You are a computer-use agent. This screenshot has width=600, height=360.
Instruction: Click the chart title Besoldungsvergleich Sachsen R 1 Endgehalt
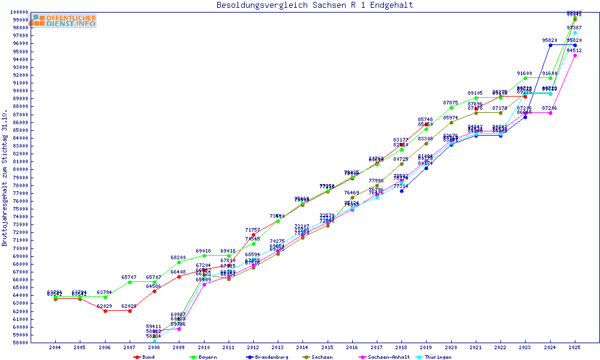click(x=314, y=5)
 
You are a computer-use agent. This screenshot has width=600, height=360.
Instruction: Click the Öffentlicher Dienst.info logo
click(x=64, y=21)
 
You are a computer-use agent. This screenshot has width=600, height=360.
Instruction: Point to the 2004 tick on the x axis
click(x=55, y=348)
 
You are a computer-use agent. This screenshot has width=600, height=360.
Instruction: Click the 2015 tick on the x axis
click(x=327, y=348)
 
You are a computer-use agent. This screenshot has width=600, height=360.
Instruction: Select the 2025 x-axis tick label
click(x=575, y=348)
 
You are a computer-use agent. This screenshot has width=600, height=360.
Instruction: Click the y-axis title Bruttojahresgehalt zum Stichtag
click(x=5, y=178)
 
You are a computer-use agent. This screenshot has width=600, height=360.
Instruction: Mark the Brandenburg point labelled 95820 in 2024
click(x=550, y=45)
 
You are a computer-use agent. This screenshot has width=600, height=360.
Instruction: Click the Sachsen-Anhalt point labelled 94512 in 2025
click(x=575, y=55)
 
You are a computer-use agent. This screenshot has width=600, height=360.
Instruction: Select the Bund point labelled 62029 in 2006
click(x=105, y=311)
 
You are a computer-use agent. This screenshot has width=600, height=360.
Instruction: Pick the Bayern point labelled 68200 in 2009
click(x=179, y=262)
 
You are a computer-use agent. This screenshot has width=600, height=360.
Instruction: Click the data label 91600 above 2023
click(x=525, y=73)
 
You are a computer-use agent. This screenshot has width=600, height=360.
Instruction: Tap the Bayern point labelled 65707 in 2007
click(x=130, y=282)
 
